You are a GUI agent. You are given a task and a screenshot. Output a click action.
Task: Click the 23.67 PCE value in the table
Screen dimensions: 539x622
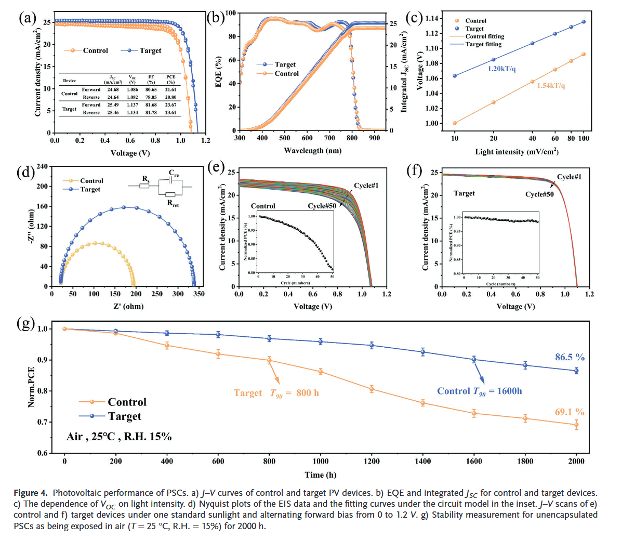coord(170,105)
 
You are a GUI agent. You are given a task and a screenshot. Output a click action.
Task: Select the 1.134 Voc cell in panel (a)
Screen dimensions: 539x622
coord(133,112)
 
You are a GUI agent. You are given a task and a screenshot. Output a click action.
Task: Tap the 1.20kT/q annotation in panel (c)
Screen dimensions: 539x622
coord(501,69)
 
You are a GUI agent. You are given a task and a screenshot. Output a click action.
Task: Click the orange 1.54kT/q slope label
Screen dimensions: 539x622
coord(551,85)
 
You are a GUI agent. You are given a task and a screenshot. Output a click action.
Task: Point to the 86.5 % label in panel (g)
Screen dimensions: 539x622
coord(570,357)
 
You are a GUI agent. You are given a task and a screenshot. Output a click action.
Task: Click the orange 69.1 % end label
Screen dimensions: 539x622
coord(570,412)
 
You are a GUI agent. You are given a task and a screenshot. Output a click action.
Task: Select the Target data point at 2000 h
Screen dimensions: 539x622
coord(576,371)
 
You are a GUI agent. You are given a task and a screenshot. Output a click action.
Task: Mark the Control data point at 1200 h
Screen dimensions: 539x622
coord(372,389)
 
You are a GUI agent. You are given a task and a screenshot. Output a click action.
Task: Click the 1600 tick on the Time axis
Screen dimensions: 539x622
coord(474,461)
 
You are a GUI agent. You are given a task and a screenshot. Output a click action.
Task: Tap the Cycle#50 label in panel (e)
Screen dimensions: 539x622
coord(322,206)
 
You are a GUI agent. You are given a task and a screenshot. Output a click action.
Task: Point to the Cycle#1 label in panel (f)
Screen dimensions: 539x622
coord(569,177)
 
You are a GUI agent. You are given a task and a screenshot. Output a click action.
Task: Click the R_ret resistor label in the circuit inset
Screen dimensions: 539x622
coord(173,203)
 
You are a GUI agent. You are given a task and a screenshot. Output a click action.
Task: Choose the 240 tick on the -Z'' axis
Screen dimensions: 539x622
coord(42,166)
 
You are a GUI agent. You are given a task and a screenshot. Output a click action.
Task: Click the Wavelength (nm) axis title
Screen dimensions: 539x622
coord(312,151)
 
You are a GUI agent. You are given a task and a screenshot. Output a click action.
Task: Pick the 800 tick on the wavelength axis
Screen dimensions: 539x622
coord(352,138)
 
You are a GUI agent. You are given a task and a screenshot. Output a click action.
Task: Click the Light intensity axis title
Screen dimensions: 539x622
coord(517,152)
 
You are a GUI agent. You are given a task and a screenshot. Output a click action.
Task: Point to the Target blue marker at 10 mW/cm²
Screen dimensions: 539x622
coord(455,76)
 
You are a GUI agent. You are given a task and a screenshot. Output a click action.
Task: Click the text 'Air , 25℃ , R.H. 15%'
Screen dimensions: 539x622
coord(119,437)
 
